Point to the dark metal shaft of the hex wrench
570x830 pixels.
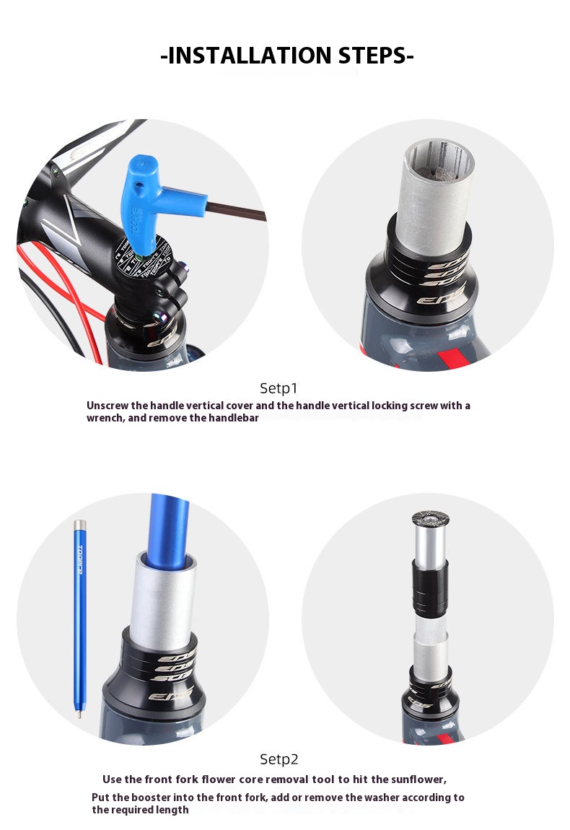236,211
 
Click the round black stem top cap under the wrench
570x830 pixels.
142,259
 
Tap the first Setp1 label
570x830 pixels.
279,388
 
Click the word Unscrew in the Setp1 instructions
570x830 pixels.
108,406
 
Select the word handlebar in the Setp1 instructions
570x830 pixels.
233,418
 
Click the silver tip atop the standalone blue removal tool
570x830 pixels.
79,525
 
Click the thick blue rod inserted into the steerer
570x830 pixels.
169,527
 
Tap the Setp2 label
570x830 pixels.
279,759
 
